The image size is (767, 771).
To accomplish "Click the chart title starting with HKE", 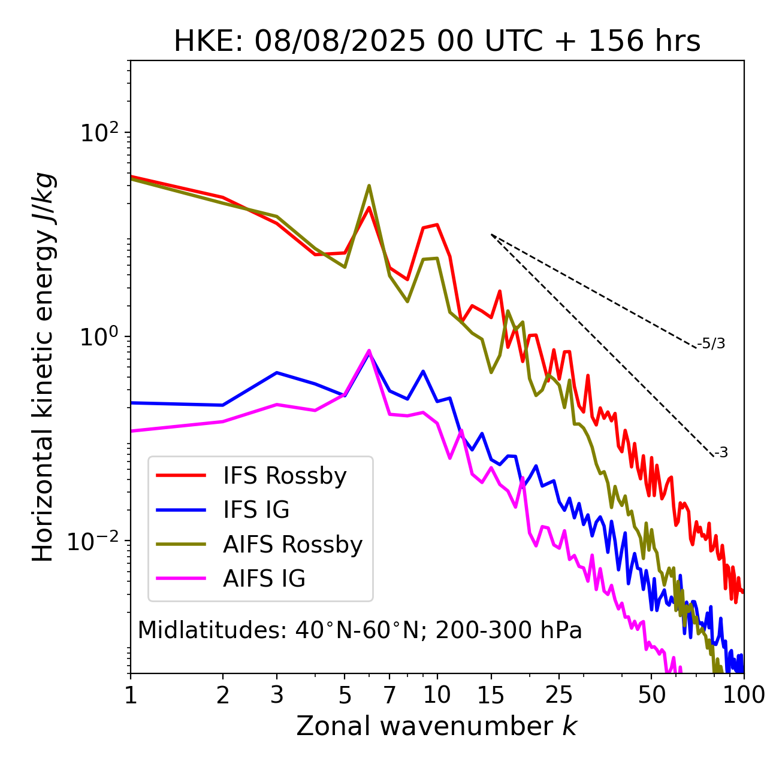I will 437,41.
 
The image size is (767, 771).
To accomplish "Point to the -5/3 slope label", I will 711,344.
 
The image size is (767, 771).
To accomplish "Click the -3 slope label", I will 720,453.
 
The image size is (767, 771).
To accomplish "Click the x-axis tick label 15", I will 491,695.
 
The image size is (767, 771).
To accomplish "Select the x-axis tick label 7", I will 389,695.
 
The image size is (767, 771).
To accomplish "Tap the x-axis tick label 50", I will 651,695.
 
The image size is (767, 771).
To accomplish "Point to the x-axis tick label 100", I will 744,695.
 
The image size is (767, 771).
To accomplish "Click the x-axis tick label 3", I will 277,695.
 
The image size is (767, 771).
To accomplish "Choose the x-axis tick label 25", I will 559,695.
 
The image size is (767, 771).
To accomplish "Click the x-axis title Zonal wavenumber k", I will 437,726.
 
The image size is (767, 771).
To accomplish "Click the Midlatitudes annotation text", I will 360,630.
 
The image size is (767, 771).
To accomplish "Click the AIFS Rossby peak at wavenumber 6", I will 369,186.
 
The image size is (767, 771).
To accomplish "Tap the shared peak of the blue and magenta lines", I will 369,351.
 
